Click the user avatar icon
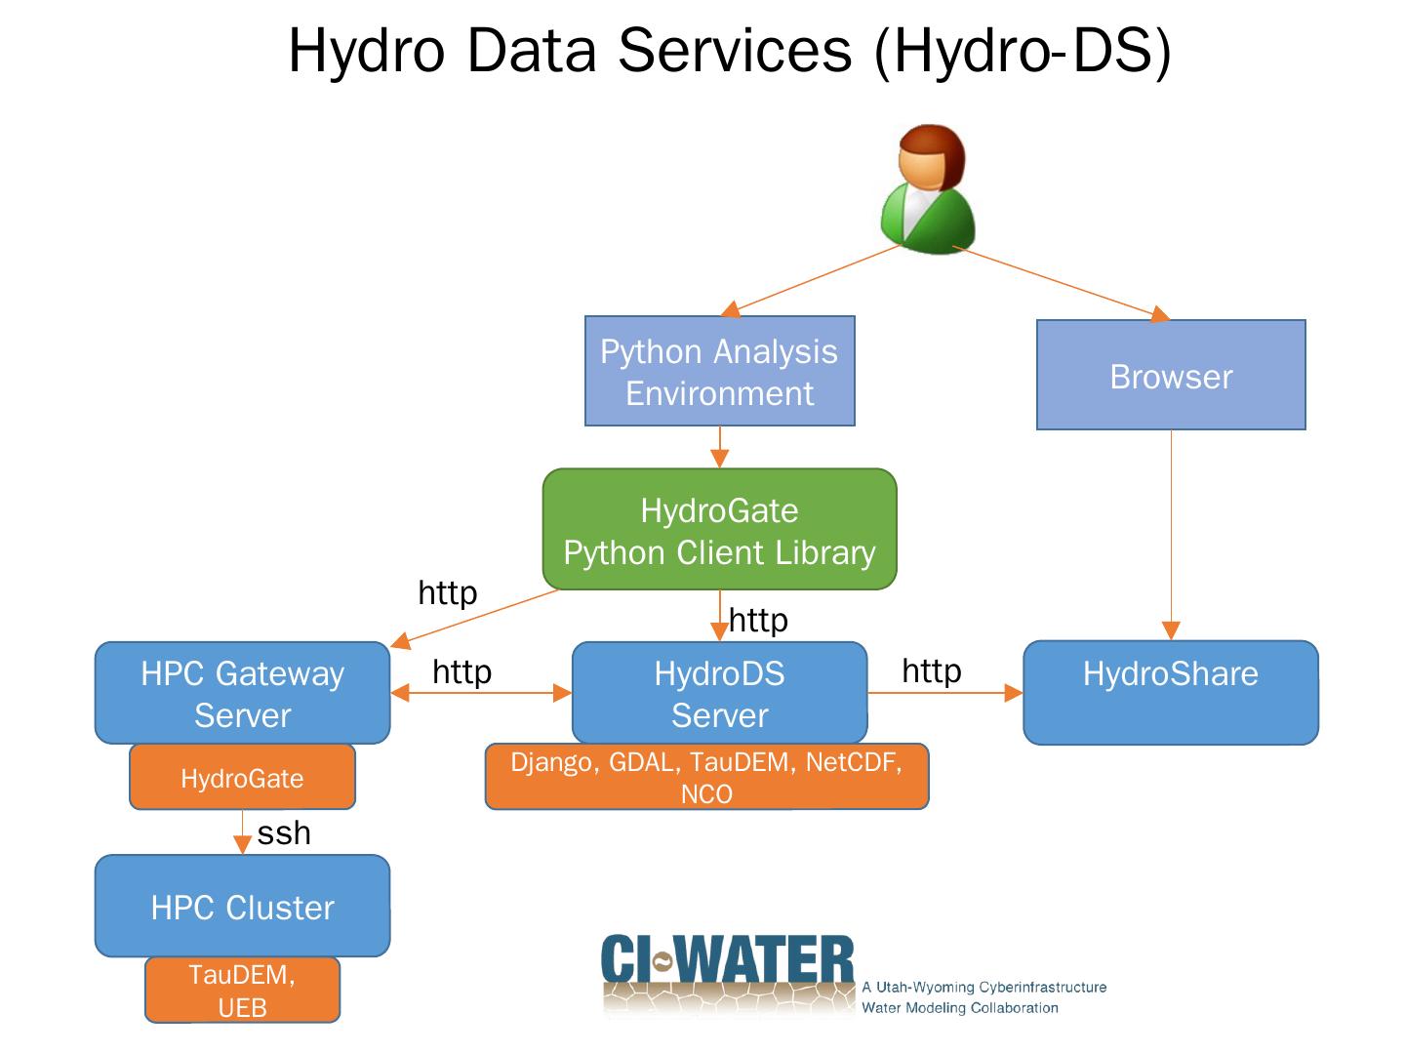click(928, 189)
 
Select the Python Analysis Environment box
click(719, 371)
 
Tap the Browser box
click(1170, 376)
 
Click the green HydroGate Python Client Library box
click(719, 530)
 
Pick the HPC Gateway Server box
click(242, 693)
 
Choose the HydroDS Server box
click(719, 693)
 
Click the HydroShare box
click(1170, 692)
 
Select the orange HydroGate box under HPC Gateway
click(242, 778)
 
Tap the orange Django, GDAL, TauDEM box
click(706, 778)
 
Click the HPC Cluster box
click(242, 907)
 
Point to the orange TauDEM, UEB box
click(242, 990)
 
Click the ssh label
click(284, 832)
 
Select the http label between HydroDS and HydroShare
click(931, 670)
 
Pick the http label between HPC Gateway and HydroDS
click(462, 671)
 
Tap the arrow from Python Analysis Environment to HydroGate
click(719, 447)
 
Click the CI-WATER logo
click(728, 971)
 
